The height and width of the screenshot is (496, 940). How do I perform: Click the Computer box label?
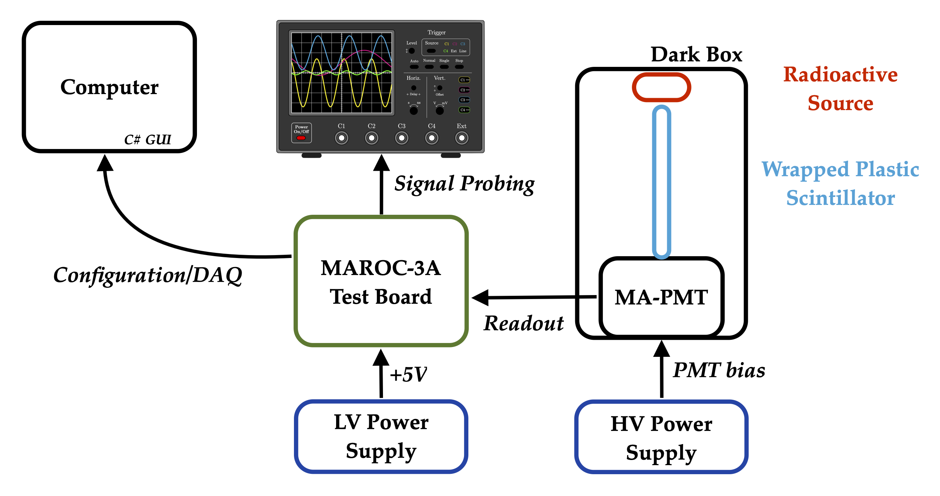pos(109,87)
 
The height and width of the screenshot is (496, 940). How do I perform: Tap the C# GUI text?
pos(148,140)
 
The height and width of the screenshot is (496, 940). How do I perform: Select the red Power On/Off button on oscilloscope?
pos(301,138)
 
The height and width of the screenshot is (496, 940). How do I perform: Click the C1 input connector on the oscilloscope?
pos(342,138)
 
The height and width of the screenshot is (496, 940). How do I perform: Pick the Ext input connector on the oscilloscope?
pos(461,138)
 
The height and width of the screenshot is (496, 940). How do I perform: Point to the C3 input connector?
pos(402,138)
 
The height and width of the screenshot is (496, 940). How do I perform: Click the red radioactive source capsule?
pos(661,87)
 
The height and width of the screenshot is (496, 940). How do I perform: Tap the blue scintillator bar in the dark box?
pos(661,182)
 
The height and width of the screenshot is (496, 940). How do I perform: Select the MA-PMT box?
pos(661,297)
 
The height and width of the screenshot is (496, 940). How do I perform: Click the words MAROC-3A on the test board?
pos(380,268)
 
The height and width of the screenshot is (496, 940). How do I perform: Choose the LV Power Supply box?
pos(381,436)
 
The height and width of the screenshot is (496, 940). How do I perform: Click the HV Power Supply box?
pos(661,437)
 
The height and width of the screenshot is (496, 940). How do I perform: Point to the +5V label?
pos(408,375)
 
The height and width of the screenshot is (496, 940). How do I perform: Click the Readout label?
pos(523,323)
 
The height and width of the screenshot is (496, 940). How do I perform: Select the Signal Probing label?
pos(464,184)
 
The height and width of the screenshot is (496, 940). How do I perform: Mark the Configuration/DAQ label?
pos(148,275)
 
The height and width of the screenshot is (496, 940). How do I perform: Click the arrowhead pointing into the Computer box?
pos(105,163)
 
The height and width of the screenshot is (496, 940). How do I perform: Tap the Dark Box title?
pos(696,55)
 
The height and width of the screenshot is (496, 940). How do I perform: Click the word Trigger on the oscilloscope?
pos(436,32)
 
